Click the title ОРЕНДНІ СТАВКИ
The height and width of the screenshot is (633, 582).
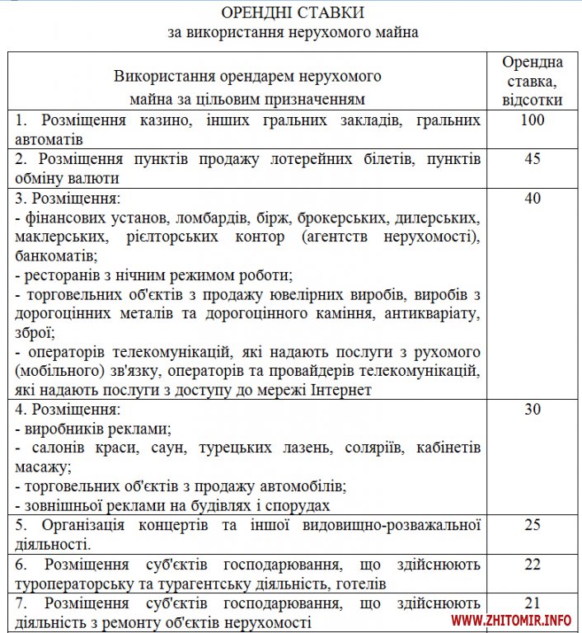[290, 14]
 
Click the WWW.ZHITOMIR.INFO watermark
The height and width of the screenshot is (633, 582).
[512, 620]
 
